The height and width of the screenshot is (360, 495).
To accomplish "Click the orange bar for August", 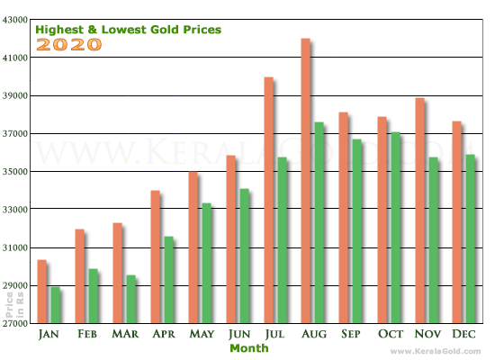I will click(x=305, y=180).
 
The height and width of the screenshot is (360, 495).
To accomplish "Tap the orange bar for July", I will click(x=267, y=200).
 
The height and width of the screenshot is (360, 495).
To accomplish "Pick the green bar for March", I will click(x=130, y=299).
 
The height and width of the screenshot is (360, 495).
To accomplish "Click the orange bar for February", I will click(x=79, y=275).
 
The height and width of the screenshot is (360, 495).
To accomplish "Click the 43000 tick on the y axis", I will click(x=15, y=20).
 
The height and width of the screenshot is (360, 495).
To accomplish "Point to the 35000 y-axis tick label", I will click(x=15, y=172).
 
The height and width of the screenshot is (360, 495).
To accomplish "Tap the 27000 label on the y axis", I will click(x=15, y=323).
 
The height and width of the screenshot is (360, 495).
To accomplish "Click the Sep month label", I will click(x=350, y=334).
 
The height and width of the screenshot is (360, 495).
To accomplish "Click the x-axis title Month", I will click(x=248, y=347).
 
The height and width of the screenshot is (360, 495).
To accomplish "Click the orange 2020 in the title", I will click(x=68, y=44).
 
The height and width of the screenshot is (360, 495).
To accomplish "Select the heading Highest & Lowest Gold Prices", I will click(x=128, y=29).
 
